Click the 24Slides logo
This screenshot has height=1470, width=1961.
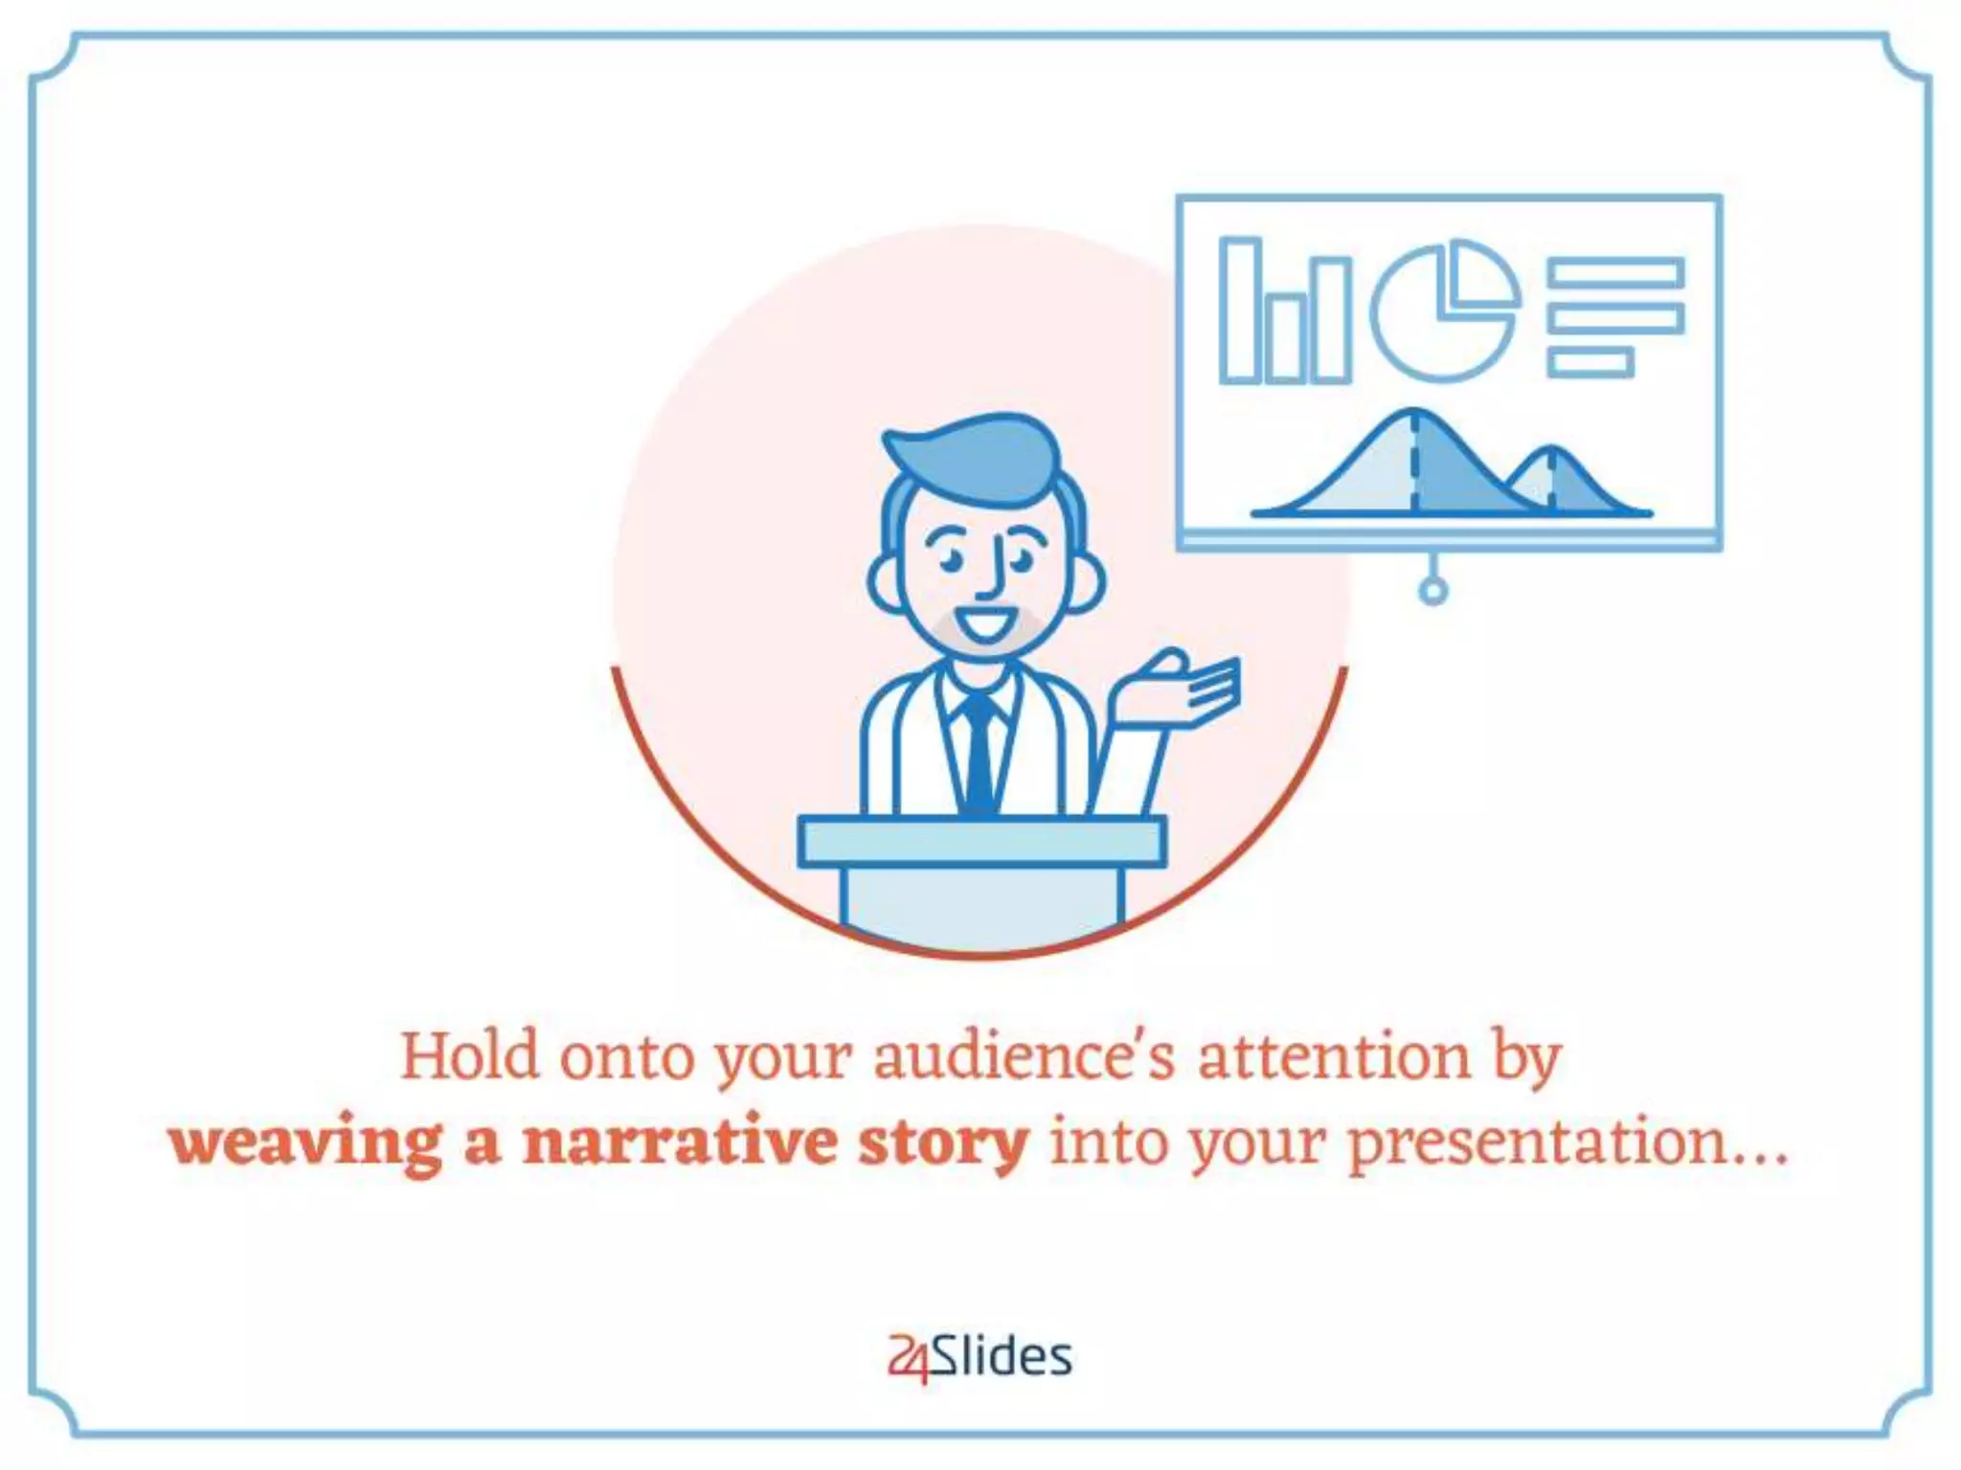tap(980, 1357)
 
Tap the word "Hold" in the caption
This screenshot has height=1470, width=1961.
tap(469, 1056)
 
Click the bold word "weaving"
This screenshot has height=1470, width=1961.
tap(305, 1142)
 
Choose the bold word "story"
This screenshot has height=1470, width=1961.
tap(942, 1142)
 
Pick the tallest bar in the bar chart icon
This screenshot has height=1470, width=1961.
tap(1239, 309)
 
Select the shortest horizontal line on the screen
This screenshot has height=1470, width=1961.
tap(1589, 362)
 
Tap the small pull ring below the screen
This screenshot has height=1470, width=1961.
tap(1432, 591)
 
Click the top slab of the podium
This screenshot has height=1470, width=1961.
tap(982, 841)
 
